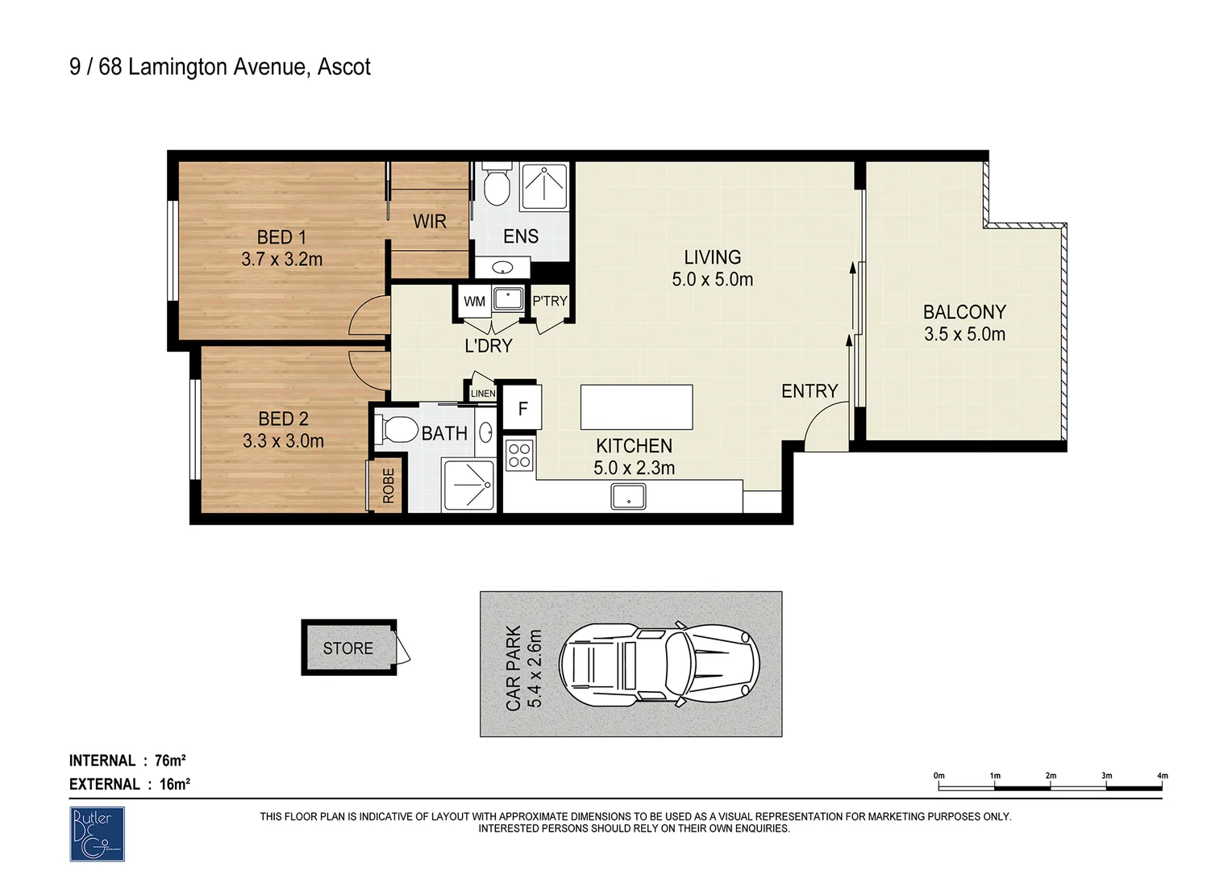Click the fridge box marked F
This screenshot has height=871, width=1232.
pos(522,408)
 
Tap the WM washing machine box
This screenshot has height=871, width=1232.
pos(474,302)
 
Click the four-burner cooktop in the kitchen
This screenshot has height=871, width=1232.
pos(518,456)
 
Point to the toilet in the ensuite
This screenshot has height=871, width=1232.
pos(496,186)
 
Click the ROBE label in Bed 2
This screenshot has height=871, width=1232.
pos(388,486)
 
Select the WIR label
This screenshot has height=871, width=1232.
pos(429,221)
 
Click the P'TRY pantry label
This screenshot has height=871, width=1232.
pos(550,301)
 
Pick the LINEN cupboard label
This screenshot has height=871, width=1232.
pos(483,394)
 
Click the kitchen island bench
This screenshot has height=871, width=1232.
pos(636,407)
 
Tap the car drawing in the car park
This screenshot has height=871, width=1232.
pos(659,664)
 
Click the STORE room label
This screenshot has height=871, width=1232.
pos(348,648)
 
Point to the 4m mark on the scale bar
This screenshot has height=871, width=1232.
pos(1161,776)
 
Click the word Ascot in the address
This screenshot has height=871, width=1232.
pos(344,67)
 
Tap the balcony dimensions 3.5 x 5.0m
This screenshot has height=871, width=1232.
pos(964,335)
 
